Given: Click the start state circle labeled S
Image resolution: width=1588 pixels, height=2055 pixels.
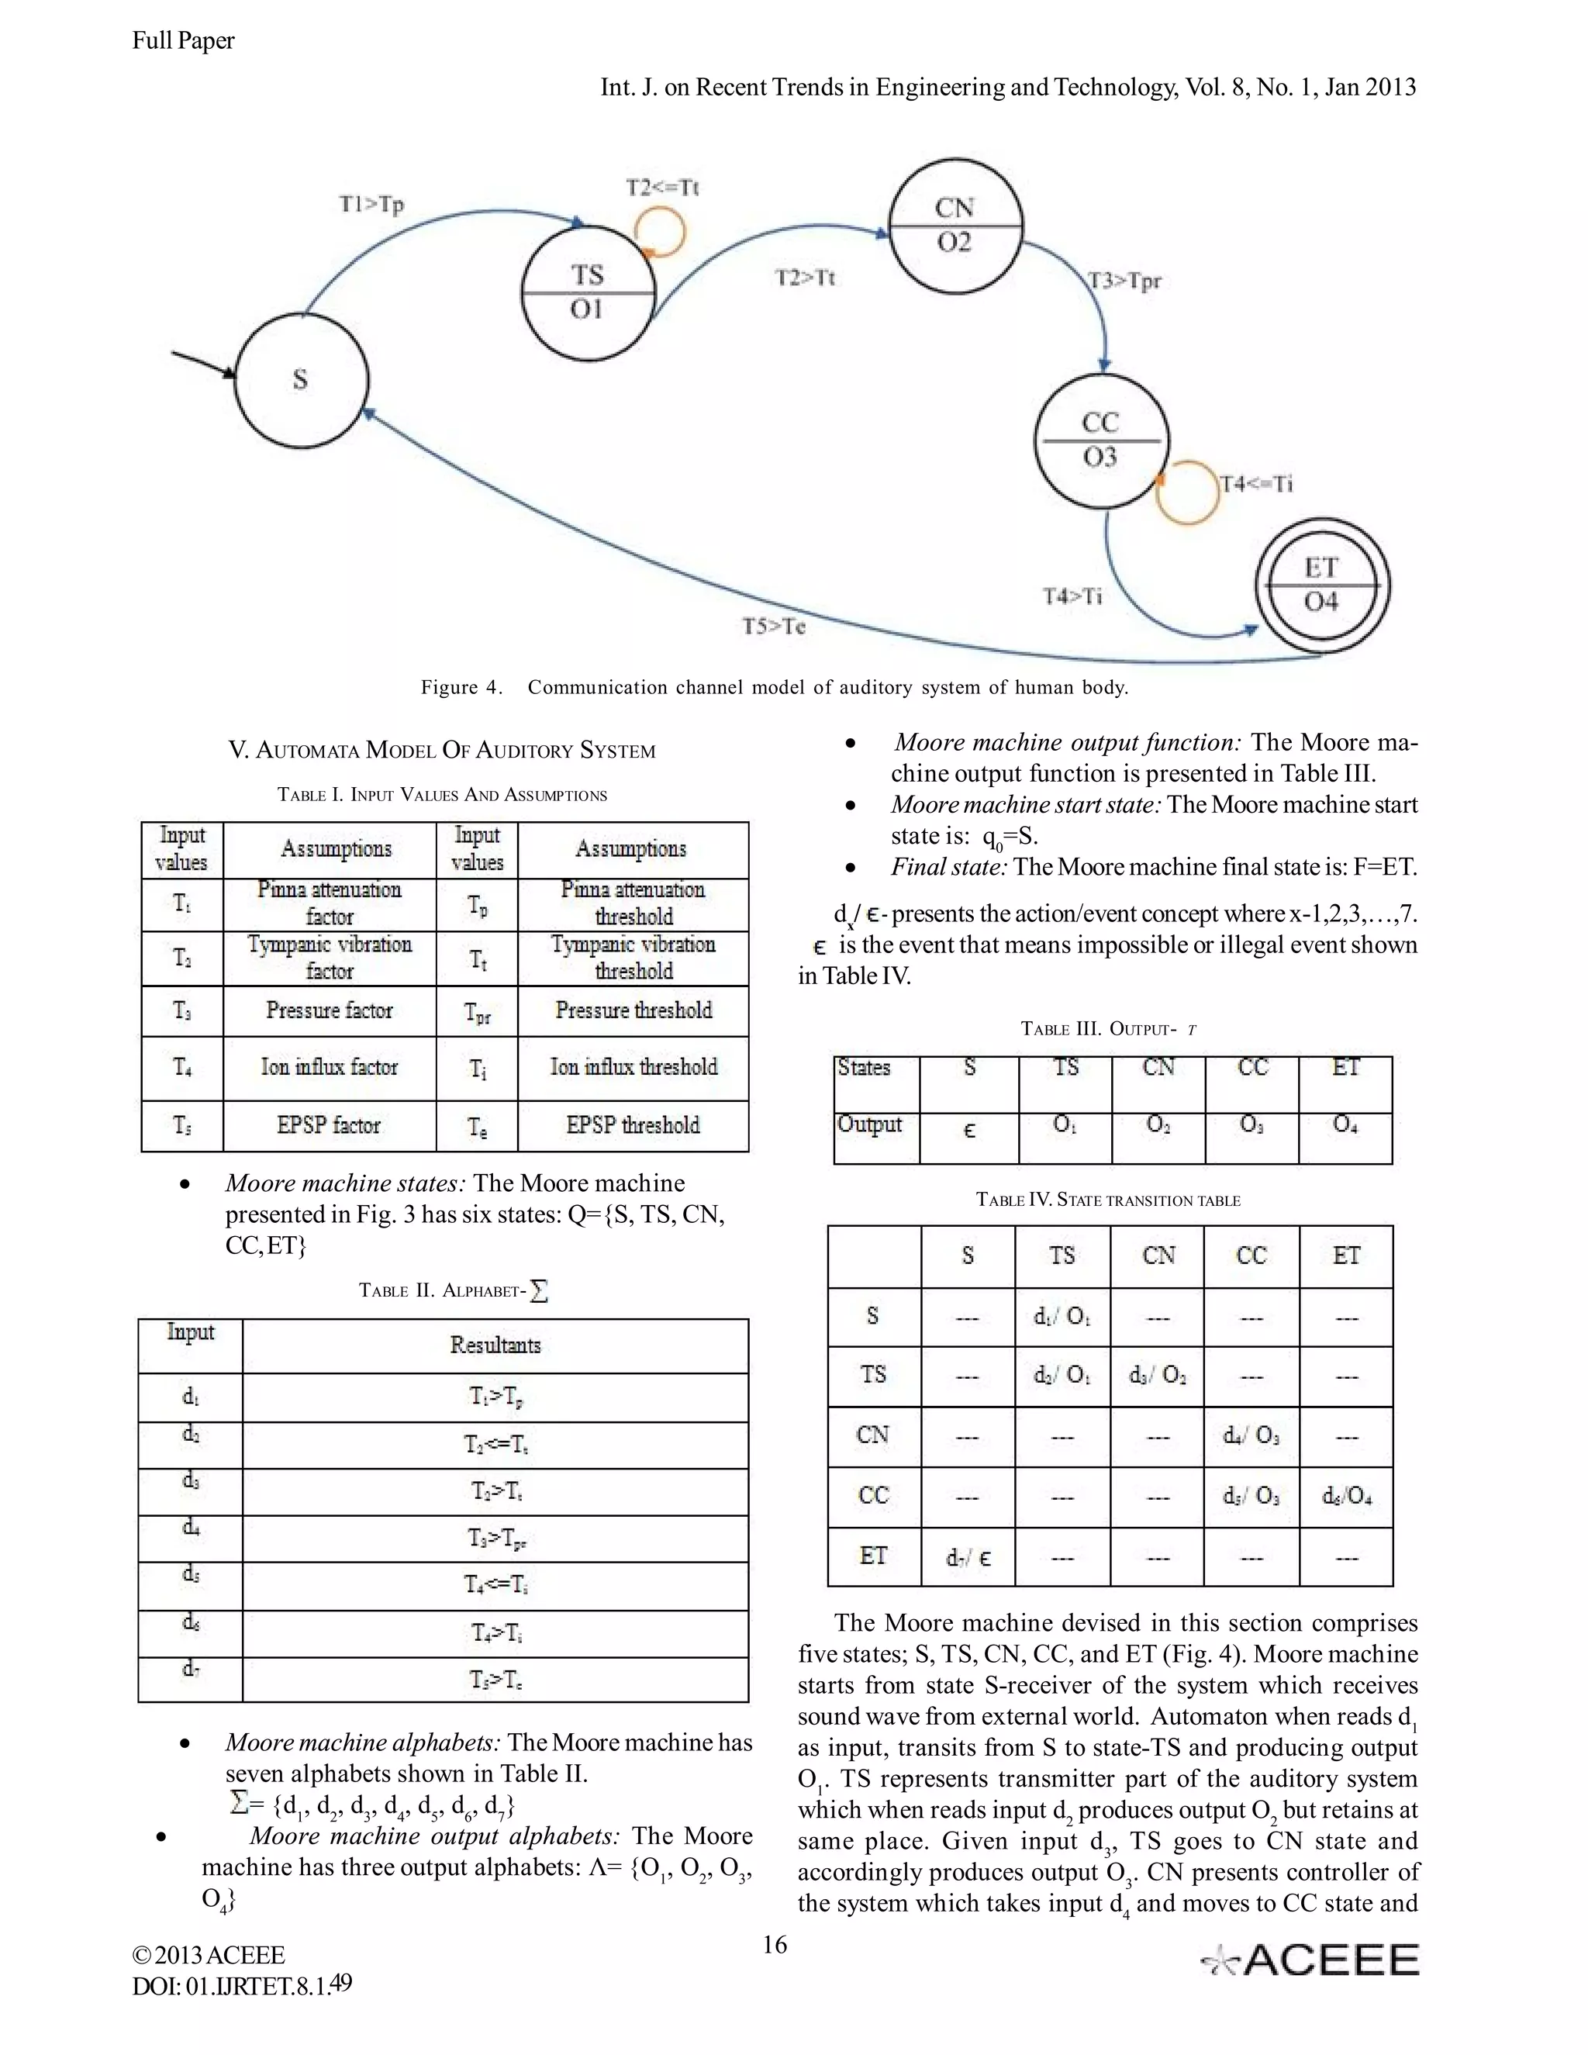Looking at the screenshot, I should [x=301, y=380].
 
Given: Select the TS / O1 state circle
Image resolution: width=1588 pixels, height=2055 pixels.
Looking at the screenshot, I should [x=587, y=292].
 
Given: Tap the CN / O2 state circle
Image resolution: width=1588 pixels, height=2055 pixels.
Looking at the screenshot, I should [x=954, y=226].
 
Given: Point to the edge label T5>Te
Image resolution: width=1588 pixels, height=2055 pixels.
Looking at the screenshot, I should [x=773, y=627].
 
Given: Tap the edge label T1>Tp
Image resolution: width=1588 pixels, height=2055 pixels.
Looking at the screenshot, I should [x=371, y=204].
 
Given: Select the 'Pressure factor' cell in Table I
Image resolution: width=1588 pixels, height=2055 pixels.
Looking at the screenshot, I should [x=330, y=1010].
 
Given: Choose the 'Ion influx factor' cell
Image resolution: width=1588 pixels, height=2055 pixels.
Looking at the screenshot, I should [x=330, y=1067].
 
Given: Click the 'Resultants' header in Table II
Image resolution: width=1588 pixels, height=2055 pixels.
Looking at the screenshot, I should [x=495, y=1345].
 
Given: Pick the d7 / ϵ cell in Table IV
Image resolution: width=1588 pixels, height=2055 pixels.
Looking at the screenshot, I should [x=968, y=1558].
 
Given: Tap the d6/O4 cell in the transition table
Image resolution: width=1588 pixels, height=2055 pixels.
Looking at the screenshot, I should [x=1346, y=1496].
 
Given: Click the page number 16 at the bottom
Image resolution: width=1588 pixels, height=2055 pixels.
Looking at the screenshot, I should [x=775, y=1945].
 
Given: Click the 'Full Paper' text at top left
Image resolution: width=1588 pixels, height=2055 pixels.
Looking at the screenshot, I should [x=184, y=40].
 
